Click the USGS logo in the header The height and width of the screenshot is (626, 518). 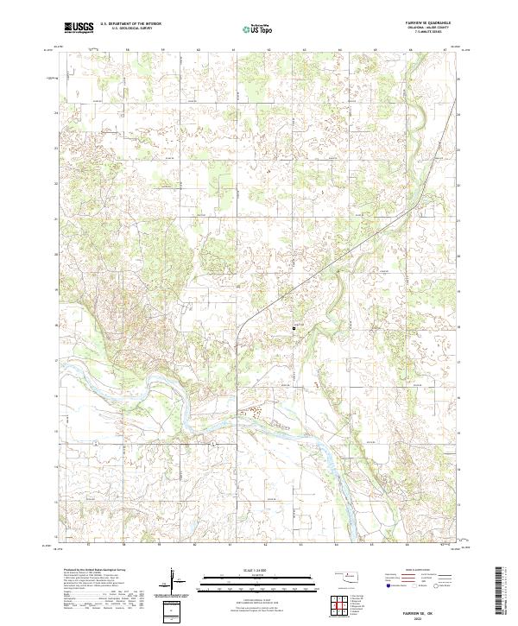coord(79,28)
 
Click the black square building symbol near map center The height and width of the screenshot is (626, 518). coord(302,328)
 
